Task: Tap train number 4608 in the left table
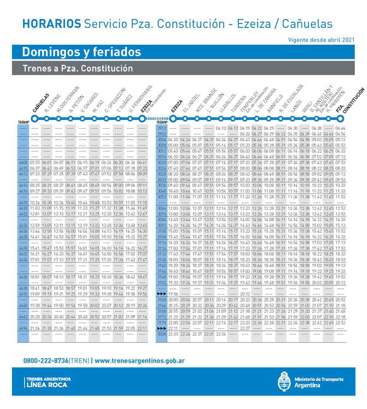click(23, 163)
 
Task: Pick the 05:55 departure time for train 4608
click(35, 163)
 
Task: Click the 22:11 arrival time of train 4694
click(142, 328)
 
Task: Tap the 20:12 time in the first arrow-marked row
click(245, 294)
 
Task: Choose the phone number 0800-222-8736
click(46, 361)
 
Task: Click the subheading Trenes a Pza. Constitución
click(78, 69)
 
